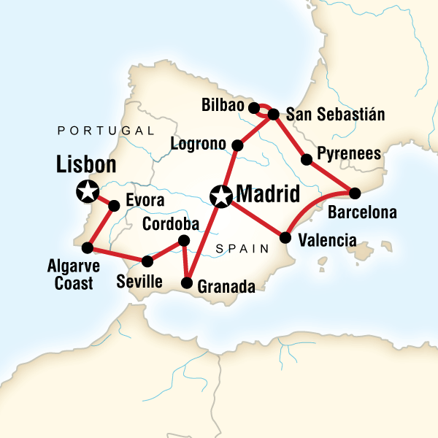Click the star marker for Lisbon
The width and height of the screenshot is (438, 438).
tap(88, 192)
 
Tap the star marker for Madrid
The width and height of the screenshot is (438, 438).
tap(220, 196)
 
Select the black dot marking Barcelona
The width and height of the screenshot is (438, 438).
tap(355, 193)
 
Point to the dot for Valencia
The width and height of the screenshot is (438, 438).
tap(285, 237)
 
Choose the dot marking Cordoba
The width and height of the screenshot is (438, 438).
tap(184, 240)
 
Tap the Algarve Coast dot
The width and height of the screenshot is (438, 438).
tap(88, 247)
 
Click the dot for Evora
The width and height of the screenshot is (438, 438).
tap(114, 206)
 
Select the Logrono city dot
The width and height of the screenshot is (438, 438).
tap(237, 145)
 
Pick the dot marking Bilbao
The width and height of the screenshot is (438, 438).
tap(253, 108)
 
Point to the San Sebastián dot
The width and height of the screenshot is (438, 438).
tap(274, 114)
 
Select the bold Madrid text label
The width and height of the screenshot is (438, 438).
tap(268, 195)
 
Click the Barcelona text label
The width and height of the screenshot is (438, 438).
tap(362, 214)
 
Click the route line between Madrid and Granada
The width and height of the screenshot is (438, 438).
tap(204, 241)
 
